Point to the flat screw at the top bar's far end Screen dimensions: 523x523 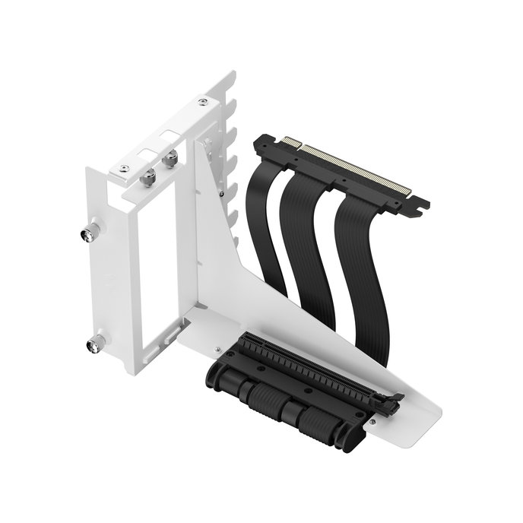[202, 101]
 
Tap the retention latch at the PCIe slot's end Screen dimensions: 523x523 [395, 401]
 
